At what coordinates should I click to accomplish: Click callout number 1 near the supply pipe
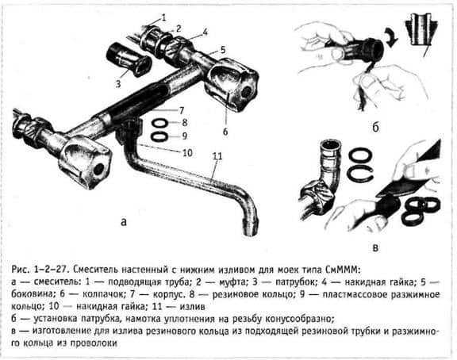point(163,17)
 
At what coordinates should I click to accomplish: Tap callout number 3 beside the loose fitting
point(118,84)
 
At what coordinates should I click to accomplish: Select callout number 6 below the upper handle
point(225,132)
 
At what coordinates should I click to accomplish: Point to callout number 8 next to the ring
point(184,123)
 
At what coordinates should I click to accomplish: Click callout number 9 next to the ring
point(184,136)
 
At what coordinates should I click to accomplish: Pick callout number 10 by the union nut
point(187,152)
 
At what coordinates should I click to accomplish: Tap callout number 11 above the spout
point(217,156)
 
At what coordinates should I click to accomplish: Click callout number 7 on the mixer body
point(181,111)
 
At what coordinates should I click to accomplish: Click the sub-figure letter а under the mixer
point(124,222)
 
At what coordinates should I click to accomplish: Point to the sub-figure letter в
point(376,247)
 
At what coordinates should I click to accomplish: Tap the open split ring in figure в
point(360,174)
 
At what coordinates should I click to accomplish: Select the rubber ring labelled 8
point(160,123)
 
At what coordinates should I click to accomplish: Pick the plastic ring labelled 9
point(160,136)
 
